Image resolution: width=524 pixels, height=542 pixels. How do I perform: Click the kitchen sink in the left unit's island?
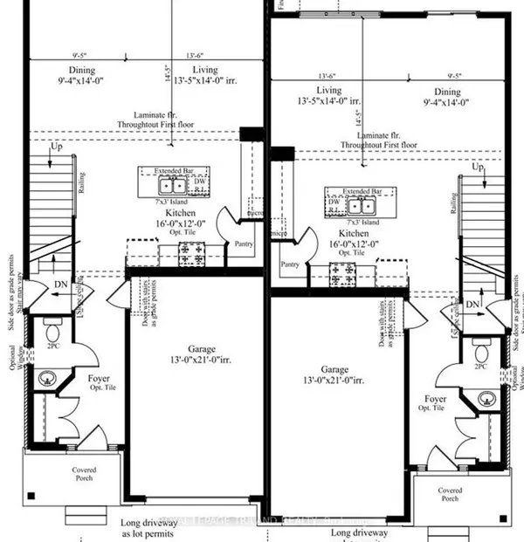coord(171,184)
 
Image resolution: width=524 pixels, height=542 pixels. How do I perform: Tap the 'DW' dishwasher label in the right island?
coord(334,200)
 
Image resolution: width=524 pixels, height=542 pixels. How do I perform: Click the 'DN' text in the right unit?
coord(472,303)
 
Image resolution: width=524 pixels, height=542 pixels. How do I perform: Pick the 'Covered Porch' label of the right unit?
coord(450,493)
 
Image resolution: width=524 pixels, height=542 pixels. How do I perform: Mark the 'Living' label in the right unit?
coord(329,90)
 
